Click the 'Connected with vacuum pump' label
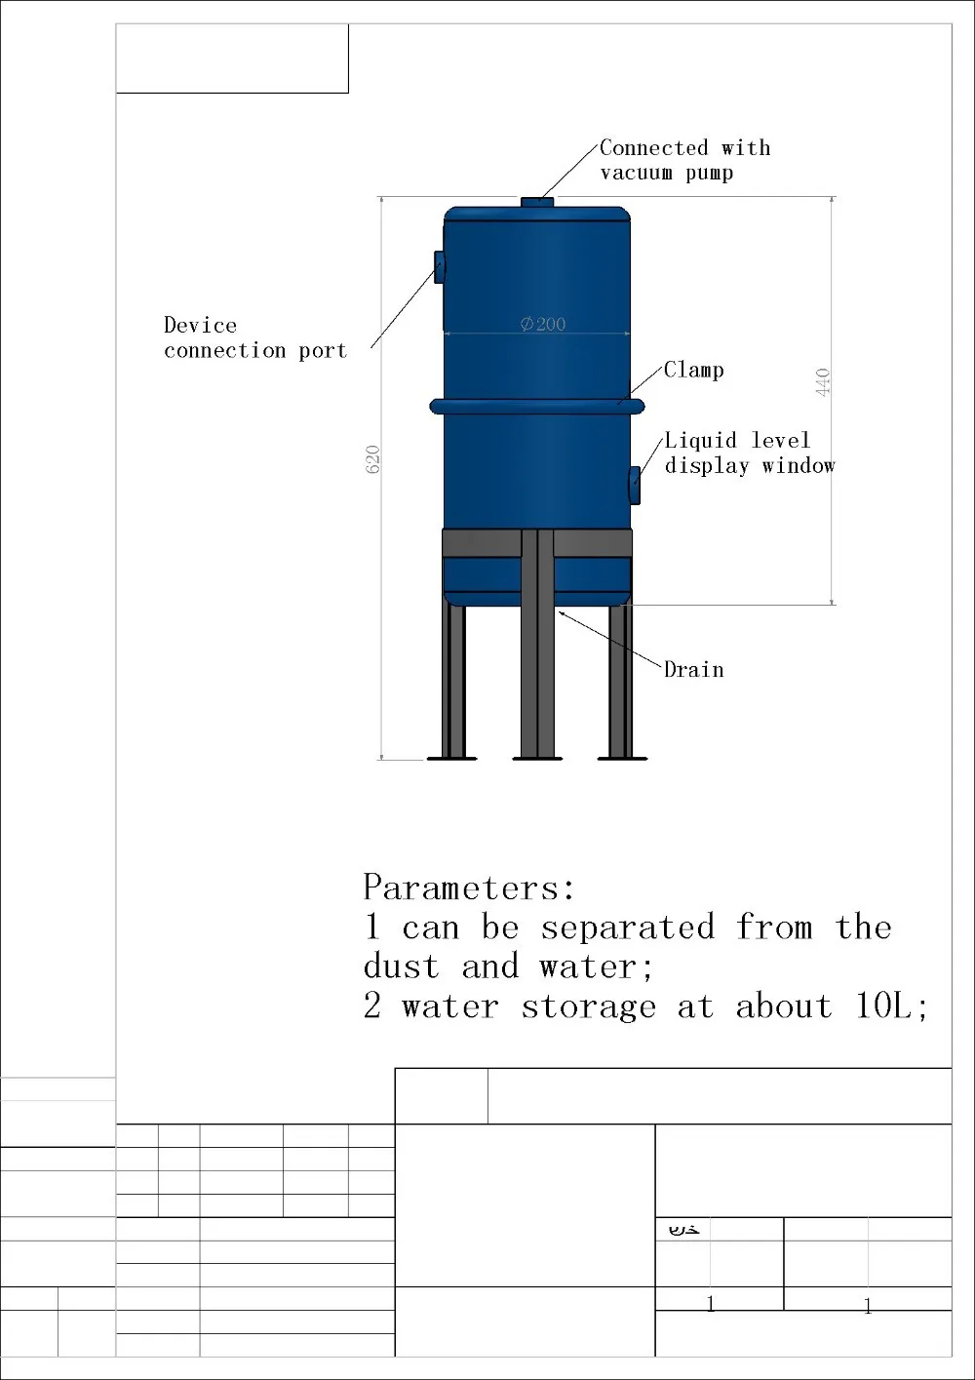tap(684, 160)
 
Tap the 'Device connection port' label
tap(254, 337)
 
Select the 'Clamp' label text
tap(693, 370)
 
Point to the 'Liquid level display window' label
tap(749, 453)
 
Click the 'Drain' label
tap(693, 669)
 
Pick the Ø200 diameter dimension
tap(542, 324)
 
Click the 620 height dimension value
tap(372, 459)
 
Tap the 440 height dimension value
tap(823, 381)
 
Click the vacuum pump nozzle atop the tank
tap(536, 202)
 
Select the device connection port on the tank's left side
tap(440, 264)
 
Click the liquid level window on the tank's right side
tap(635, 485)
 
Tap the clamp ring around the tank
tap(536, 405)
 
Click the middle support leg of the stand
tap(537, 644)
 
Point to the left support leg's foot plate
tap(452, 757)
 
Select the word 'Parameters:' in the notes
tap(469, 887)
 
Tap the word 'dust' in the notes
tap(402, 966)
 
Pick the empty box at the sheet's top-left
tap(232, 59)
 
